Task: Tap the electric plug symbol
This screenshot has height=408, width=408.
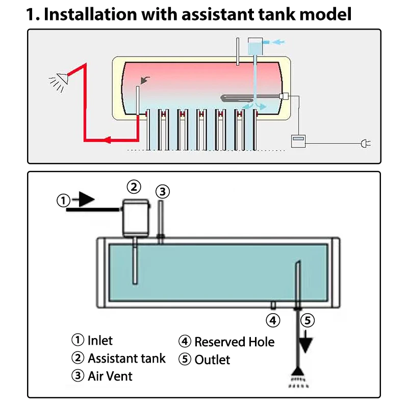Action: pyautogui.click(x=365, y=144)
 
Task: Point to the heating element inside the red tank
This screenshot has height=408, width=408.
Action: pyautogui.click(x=250, y=97)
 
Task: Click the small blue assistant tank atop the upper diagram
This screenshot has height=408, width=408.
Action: pyautogui.click(x=254, y=46)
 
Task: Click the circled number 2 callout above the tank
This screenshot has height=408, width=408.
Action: pyautogui.click(x=134, y=187)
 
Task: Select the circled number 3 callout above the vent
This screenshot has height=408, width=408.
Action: pyautogui.click(x=162, y=192)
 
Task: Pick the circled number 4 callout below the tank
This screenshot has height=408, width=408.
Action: pyautogui.click(x=273, y=320)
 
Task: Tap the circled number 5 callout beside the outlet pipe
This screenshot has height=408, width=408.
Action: pyautogui.click(x=307, y=320)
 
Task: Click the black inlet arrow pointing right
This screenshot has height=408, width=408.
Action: pyautogui.click(x=84, y=199)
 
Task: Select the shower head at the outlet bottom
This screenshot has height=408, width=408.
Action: pyautogui.click(x=298, y=375)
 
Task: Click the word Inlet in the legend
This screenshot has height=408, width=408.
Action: pyautogui.click(x=100, y=340)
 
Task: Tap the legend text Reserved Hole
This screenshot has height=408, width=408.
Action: pyautogui.click(x=234, y=342)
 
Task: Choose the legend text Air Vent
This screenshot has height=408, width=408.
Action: pyautogui.click(x=110, y=376)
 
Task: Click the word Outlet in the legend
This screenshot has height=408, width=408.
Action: pyautogui.click(x=212, y=360)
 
